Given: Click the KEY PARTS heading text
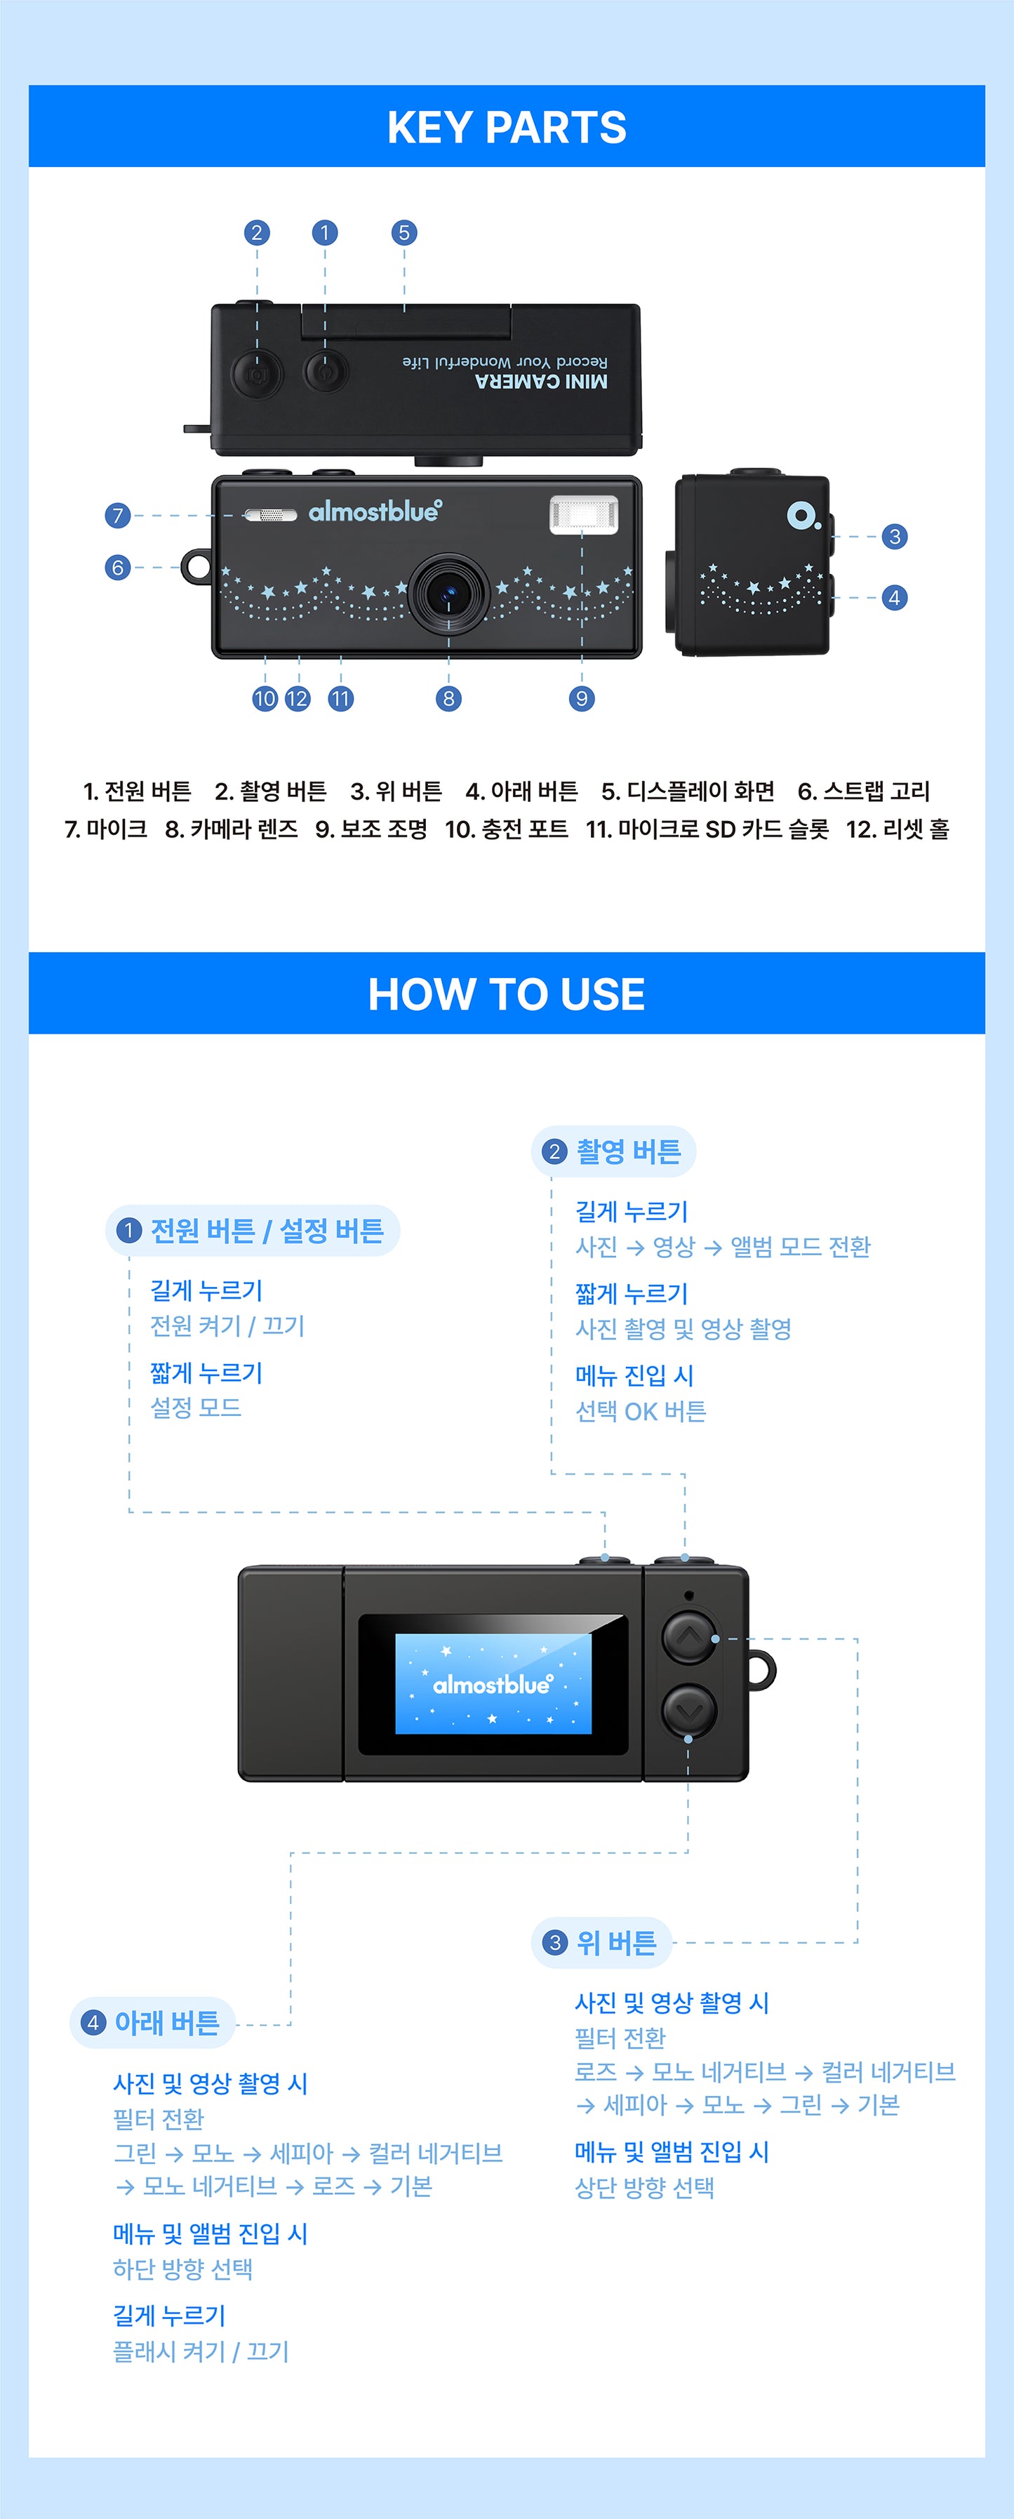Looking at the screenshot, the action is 507,127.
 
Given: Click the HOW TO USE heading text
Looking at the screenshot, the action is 507,994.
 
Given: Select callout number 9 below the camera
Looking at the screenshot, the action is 582,698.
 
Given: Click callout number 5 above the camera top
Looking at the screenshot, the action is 403,233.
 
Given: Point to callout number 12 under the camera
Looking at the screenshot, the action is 298,698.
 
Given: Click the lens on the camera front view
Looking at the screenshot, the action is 449,594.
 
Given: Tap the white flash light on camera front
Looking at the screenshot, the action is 584,514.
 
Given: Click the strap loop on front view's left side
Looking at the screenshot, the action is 196,566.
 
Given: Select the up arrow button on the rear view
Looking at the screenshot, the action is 689,1636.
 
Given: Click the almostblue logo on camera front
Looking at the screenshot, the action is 375,512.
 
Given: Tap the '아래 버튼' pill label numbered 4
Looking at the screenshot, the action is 152,2023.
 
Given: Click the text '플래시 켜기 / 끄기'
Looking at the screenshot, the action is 201,2352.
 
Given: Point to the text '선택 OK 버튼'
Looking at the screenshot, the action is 641,1411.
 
